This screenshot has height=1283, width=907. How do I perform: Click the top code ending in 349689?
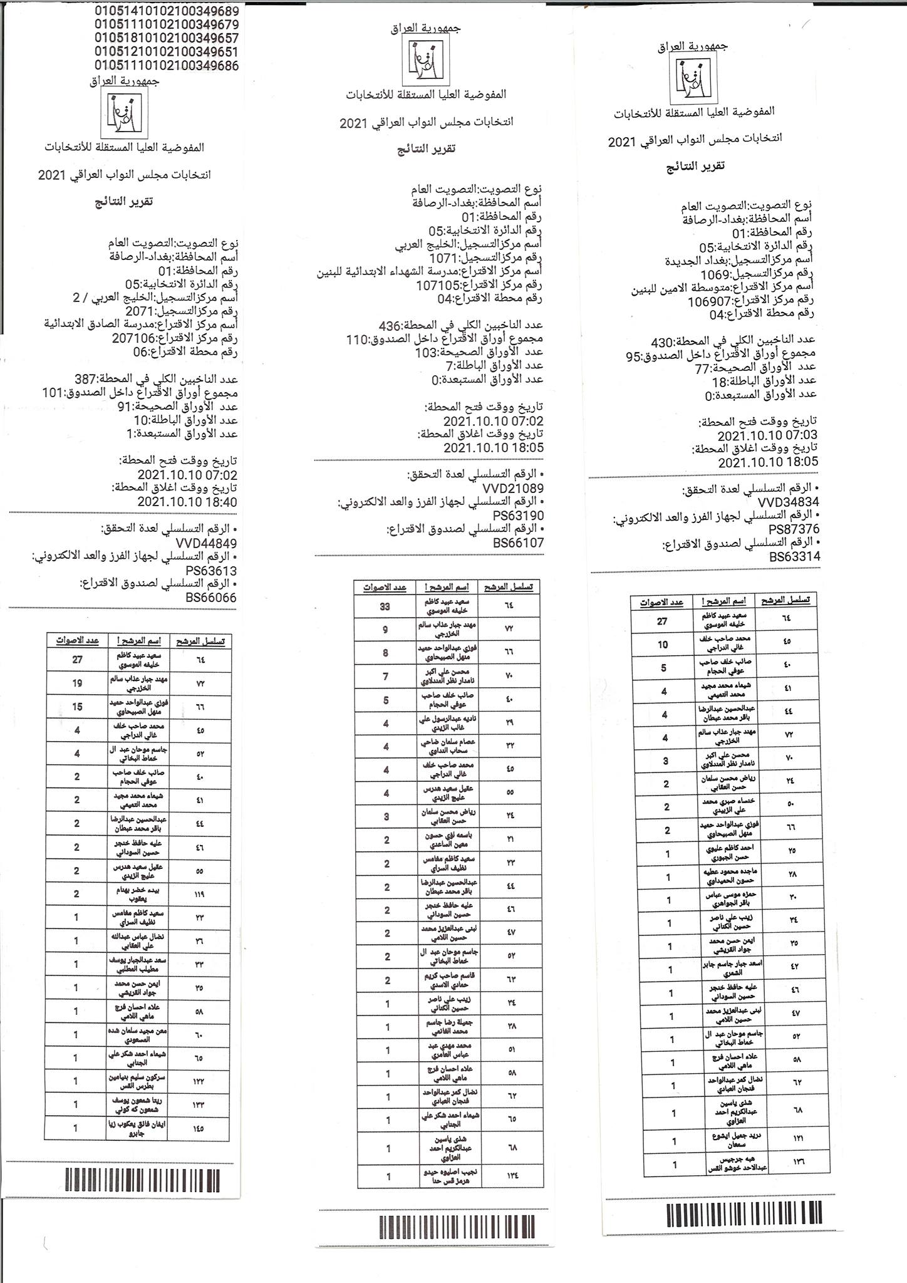click(x=167, y=11)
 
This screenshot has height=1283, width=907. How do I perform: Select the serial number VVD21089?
click(x=512, y=488)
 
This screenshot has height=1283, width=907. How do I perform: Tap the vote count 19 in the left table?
click(x=77, y=683)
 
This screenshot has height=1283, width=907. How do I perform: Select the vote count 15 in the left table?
click(x=77, y=707)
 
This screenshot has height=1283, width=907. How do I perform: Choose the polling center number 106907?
click(x=710, y=301)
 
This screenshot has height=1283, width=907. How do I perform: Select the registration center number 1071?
click(x=443, y=258)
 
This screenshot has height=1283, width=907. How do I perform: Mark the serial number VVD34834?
click(x=788, y=502)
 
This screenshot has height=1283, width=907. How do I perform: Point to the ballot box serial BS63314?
click(x=795, y=556)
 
